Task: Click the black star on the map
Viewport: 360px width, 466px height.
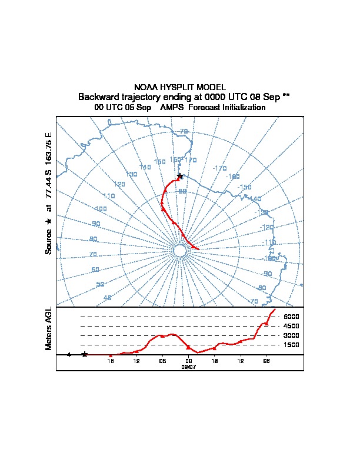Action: pyautogui.click(x=179, y=176)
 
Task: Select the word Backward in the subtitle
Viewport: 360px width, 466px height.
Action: pyautogui.click(x=98, y=96)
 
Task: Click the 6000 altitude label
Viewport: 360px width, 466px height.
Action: pyautogui.click(x=291, y=317)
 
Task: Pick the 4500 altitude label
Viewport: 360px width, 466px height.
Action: pyautogui.click(x=291, y=326)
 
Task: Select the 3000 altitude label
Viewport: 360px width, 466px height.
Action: pyautogui.click(x=291, y=335)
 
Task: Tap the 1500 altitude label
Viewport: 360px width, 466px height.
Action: pyautogui.click(x=291, y=345)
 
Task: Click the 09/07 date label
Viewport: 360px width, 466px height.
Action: pyautogui.click(x=189, y=366)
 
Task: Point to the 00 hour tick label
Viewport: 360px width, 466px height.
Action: pyautogui.click(x=189, y=361)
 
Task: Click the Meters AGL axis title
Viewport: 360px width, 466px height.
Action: pyautogui.click(x=49, y=329)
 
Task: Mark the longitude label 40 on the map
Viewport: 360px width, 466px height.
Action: pyautogui.click(x=107, y=298)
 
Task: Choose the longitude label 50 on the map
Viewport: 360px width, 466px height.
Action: pyautogui.click(x=100, y=284)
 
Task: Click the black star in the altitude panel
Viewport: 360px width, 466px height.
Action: pyautogui.click(x=85, y=354)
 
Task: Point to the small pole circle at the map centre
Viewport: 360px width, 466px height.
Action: pyautogui.click(x=180, y=251)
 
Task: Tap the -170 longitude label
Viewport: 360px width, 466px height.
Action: pyautogui.click(x=219, y=169)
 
